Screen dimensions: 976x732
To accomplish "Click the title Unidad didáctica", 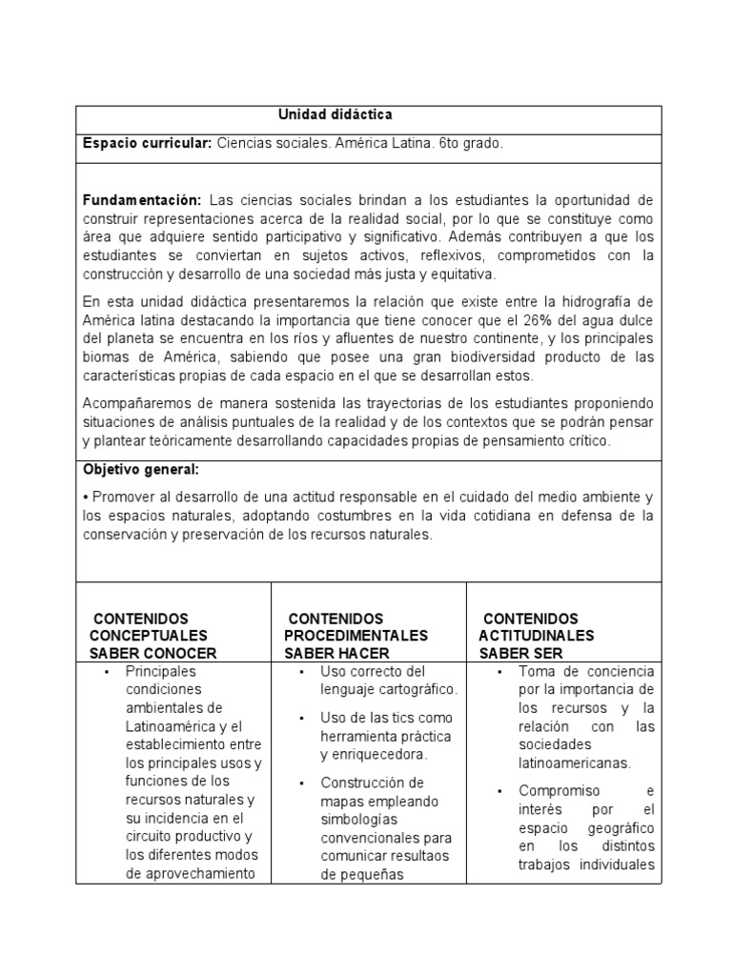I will click(x=335, y=114).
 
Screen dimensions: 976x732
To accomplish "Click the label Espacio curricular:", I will click(x=147, y=143).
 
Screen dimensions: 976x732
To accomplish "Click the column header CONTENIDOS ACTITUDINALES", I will click(x=537, y=627).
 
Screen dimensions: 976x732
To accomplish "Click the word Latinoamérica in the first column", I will click(x=168, y=726).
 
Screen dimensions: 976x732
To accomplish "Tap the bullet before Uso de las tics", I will click(x=302, y=717).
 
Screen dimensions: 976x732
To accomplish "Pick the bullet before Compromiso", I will click(x=501, y=791).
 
